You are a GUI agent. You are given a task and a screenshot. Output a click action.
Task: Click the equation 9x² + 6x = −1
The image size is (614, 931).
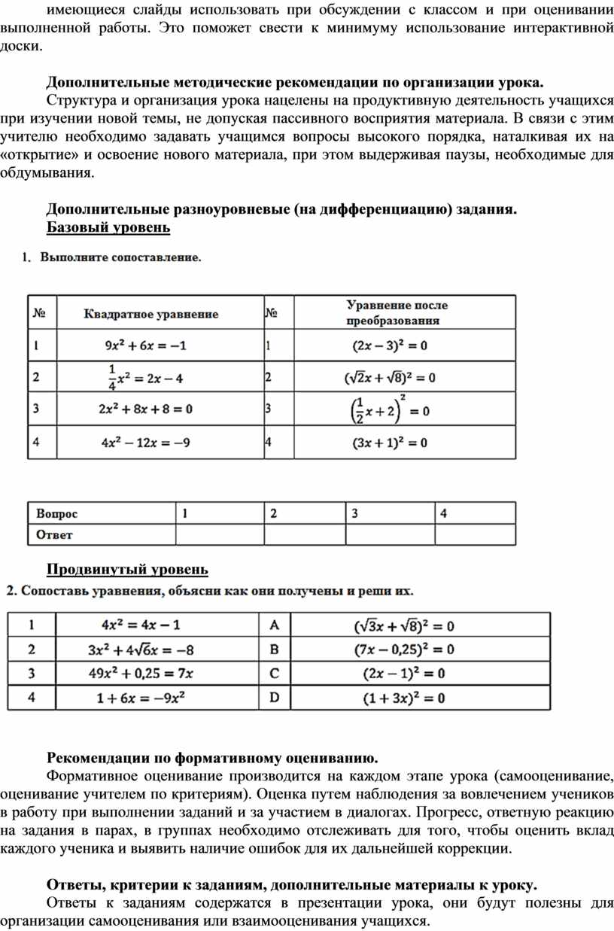[145, 347]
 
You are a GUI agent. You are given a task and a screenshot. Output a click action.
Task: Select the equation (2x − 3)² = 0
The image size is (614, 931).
[390, 347]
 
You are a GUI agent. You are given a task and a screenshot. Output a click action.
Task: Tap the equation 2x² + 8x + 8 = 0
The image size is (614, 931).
[145, 410]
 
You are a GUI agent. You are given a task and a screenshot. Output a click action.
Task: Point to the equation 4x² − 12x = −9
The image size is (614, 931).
[145, 443]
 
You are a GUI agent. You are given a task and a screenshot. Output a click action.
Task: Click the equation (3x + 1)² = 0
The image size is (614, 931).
[390, 443]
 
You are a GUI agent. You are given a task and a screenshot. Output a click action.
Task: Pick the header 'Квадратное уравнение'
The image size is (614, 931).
[150, 314]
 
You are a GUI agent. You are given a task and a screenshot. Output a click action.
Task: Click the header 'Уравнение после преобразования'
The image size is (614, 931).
[397, 312]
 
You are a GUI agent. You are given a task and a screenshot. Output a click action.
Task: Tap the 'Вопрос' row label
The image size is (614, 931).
[56, 514]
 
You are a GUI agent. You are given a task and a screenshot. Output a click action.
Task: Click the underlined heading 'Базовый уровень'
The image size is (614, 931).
[108, 227]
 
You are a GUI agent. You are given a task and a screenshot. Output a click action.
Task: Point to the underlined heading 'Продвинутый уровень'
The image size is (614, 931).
[127, 568]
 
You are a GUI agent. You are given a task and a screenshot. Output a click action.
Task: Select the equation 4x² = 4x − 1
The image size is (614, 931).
[141, 625]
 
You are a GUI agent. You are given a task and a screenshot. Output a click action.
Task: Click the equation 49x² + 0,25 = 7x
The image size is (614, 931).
[141, 674]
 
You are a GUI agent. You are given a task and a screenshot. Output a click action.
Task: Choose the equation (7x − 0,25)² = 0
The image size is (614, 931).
[400, 650]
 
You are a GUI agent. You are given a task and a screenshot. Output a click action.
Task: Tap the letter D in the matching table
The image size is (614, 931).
[275, 698]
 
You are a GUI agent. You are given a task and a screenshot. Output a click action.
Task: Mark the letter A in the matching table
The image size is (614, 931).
[275, 625]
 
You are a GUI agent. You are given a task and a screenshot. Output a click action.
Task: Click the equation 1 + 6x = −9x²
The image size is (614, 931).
[141, 698]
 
